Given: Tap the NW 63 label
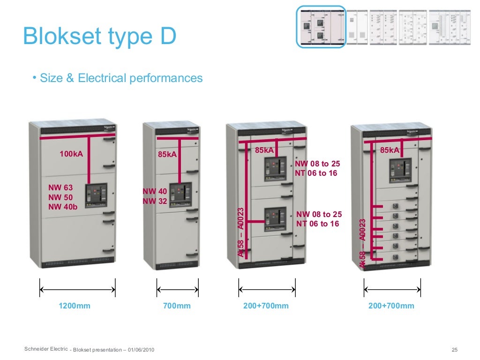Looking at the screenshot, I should [60, 187].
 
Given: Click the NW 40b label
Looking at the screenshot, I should [63, 207].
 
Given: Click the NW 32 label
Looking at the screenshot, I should [155, 201].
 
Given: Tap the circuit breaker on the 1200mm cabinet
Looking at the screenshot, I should [96, 195].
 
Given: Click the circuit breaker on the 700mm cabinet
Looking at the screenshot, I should [180, 195].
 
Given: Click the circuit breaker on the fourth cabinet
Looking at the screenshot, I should [400, 170].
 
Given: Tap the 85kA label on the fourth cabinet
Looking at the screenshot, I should [390, 150].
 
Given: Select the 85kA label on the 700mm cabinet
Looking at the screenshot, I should [167, 154].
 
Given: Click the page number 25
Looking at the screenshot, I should [454, 350].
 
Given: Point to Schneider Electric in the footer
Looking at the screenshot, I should [46, 349].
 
